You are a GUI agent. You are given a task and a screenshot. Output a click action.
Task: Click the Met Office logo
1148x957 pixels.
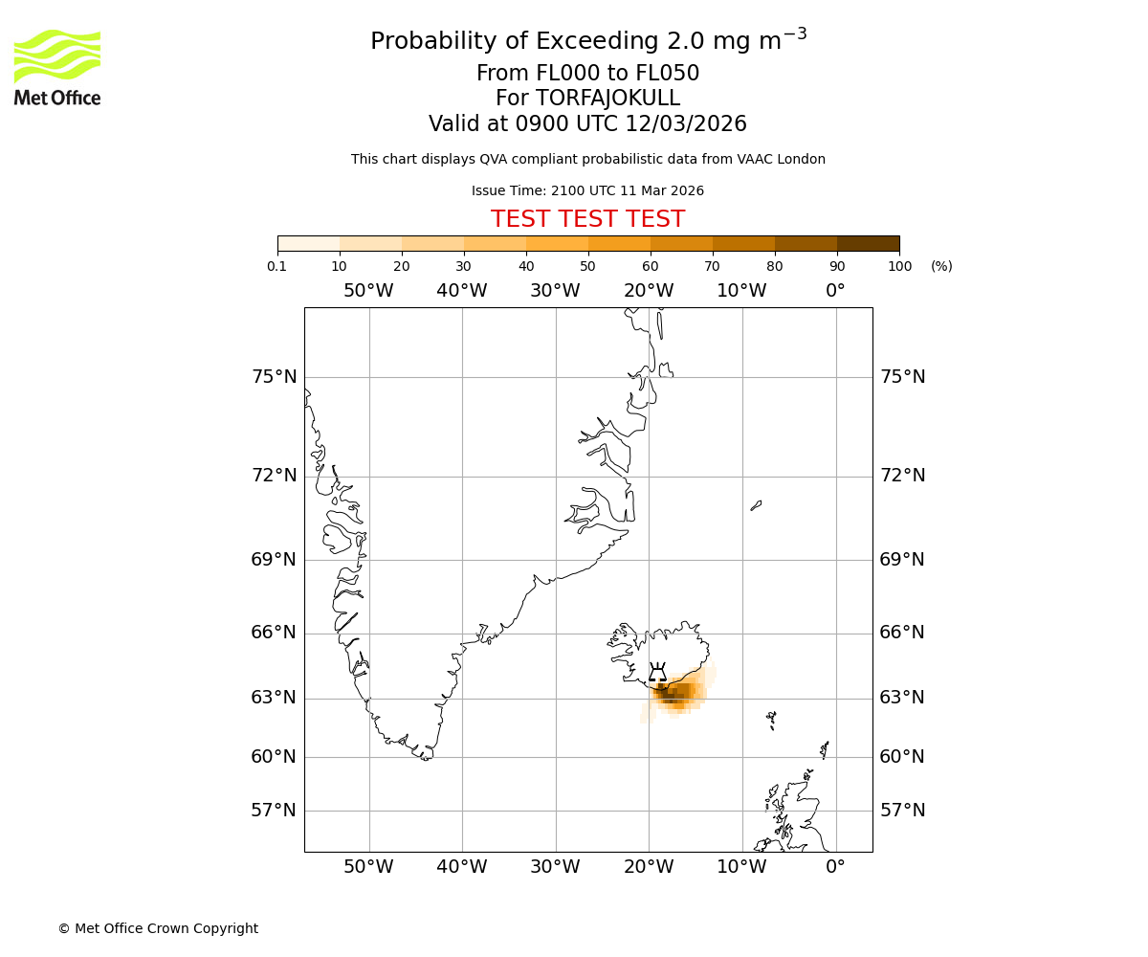pyautogui.click(x=57, y=67)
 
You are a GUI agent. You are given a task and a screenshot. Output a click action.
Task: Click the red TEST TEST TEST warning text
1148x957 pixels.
pyautogui.click(x=587, y=219)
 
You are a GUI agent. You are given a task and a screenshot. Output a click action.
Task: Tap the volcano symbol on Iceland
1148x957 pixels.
pyautogui.click(x=657, y=673)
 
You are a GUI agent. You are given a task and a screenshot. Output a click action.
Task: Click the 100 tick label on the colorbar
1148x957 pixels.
pyautogui.click(x=899, y=266)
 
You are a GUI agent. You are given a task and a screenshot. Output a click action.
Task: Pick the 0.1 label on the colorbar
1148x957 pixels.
pyautogui.click(x=277, y=266)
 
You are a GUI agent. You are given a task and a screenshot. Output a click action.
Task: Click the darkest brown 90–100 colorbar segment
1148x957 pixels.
pyautogui.click(x=868, y=243)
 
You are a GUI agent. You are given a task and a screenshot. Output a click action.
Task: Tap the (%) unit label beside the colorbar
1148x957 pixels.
pyautogui.click(x=941, y=266)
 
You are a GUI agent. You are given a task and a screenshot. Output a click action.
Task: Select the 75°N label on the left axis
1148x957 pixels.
pyautogui.click(x=275, y=377)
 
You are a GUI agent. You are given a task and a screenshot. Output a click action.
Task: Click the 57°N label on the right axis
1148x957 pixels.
pyautogui.click(x=902, y=811)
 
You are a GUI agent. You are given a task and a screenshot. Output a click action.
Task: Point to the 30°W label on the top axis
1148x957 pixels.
pyautogui.click(x=555, y=291)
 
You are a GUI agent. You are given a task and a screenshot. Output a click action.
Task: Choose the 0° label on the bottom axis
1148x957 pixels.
pyautogui.click(x=835, y=867)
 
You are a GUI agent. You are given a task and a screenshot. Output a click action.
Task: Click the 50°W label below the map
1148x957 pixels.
pyautogui.click(x=368, y=867)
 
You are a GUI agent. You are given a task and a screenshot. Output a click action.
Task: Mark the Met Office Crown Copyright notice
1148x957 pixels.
pyautogui.click(x=158, y=928)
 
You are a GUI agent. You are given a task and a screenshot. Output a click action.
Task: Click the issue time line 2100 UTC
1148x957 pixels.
pyautogui.click(x=587, y=190)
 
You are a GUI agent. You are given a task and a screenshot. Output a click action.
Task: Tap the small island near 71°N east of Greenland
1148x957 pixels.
pyautogui.click(x=756, y=505)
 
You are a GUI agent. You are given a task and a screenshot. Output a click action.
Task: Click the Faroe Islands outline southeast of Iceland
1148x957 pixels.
pyautogui.click(x=771, y=720)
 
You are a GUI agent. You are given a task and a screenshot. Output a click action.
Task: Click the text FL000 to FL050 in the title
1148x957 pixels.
pyautogui.click(x=587, y=74)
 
